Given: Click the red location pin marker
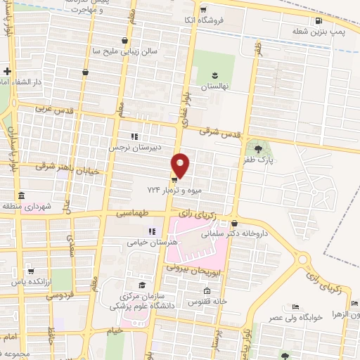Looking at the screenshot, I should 181,166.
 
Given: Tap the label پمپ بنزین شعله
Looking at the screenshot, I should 321,32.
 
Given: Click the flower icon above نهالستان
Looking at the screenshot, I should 215,73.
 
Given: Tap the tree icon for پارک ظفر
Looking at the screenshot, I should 257,148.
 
